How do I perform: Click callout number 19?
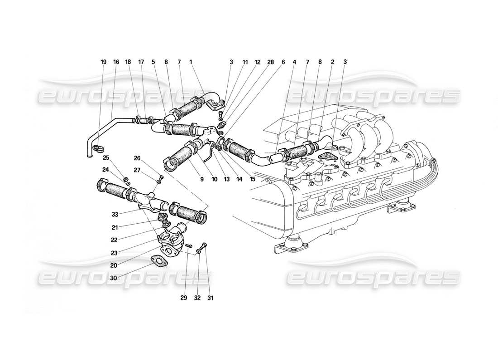[x=103, y=62]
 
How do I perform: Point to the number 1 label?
[x=192, y=62]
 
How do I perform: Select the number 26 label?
[x=137, y=158]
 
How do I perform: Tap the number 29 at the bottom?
[x=184, y=298]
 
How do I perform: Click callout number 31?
[x=210, y=298]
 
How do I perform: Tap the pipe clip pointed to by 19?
[x=98, y=147]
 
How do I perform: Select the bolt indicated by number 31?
[x=205, y=245]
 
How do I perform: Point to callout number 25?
[x=105, y=158]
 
